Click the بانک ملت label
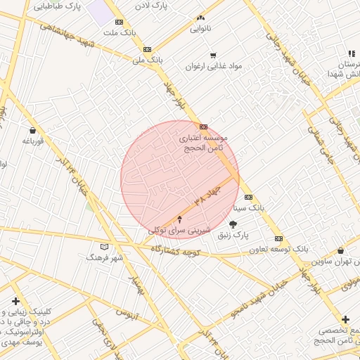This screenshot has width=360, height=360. (x=118, y=32)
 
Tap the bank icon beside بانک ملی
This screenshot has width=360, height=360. (x=147, y=49)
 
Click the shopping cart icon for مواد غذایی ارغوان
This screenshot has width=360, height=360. (x=213, y=55)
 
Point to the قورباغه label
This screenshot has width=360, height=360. (x=33, y=141)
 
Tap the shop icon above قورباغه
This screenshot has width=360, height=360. (x=33, y=129)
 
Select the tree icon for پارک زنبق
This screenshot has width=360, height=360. (x=233, y=224)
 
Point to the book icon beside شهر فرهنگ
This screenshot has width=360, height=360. (x=105, y=247)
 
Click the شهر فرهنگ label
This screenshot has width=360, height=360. (x=105, y=257)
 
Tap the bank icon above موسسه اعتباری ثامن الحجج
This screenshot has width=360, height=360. (x=203, y=127)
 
